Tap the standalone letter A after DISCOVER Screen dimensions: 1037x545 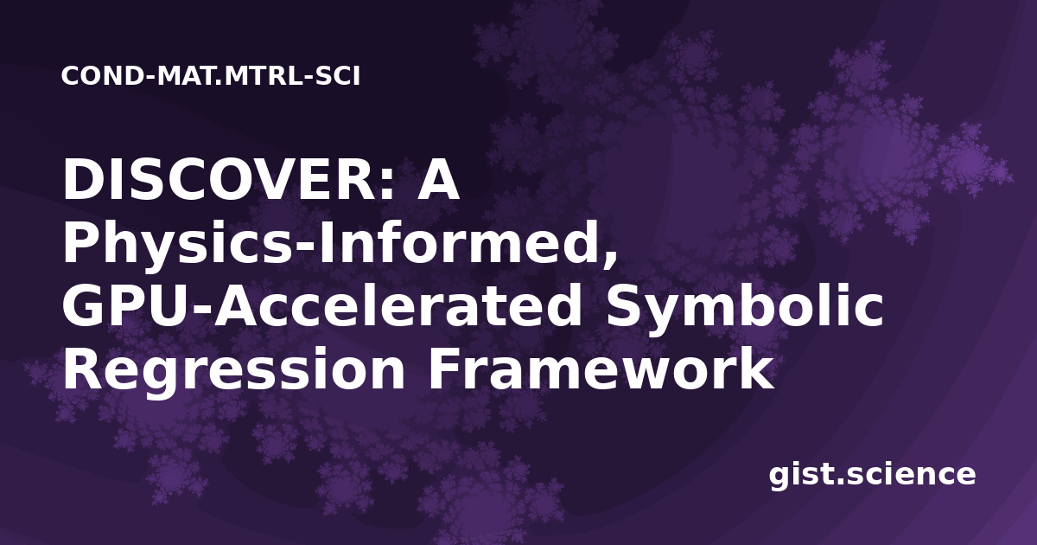[438, 179]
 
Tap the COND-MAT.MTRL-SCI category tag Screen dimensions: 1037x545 [211, 76]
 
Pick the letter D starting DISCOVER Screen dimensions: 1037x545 [80, 179]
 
